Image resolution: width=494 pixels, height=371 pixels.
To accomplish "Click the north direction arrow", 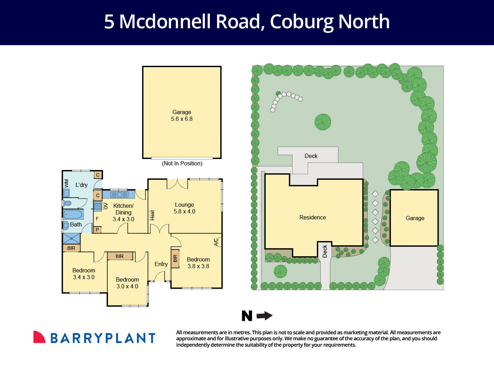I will tap(264, 316).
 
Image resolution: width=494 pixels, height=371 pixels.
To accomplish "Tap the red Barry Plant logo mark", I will tap(39, 337).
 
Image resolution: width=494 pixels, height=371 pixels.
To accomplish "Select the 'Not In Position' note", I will tap(182, 163).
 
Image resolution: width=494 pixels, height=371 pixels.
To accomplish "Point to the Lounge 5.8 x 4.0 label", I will tap(184, 208).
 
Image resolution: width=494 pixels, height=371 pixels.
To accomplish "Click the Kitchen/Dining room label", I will tap(123, 212).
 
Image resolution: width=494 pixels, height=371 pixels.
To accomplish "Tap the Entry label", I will tap(161, 264).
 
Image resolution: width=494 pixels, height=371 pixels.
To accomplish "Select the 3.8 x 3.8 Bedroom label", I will tap(198, 263).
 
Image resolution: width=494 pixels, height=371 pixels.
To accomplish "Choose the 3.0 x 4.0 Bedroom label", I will tap(127, 283).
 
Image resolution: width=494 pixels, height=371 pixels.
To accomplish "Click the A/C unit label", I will tap(216, 242).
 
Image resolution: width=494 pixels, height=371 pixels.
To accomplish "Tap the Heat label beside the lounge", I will tap(152, 215).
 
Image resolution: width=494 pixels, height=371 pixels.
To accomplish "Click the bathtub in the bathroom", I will tap(73, 214).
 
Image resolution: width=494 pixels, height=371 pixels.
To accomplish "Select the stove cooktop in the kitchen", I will tap(98, 206).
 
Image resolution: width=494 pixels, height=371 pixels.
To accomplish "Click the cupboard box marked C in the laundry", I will tap(98, 175).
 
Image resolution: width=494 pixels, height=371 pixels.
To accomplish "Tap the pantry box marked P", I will tap(97, 230).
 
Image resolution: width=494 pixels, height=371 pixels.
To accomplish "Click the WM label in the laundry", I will tap(66, 183).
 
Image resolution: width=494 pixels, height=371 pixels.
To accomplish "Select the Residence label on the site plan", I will tap(313, 217).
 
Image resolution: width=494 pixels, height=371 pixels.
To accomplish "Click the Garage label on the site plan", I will tap(415, 218).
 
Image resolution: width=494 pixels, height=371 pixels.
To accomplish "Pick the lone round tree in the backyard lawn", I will tap(323, 122).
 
